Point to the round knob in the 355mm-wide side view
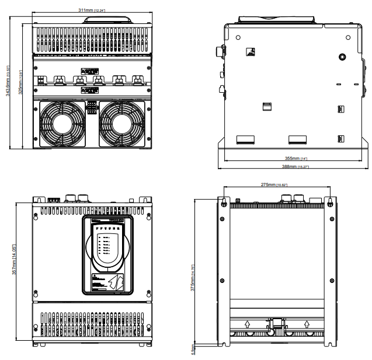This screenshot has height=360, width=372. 342,57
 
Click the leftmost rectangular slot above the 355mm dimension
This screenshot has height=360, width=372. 244,139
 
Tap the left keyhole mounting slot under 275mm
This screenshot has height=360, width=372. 224,202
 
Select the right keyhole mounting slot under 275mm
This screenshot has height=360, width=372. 330,202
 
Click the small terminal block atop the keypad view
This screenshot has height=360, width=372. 54,200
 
